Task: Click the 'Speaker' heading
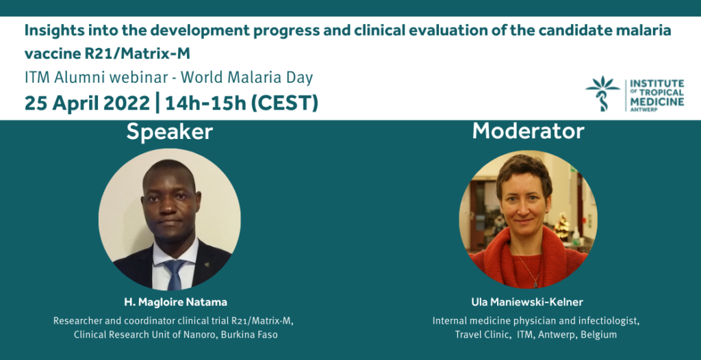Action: [x=170, y=132]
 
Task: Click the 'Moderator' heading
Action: [x=528, y=131]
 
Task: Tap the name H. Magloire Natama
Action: [x=175, y=303]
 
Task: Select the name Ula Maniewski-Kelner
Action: [x=526, y=303]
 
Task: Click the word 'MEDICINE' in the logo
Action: [x=657, y=101]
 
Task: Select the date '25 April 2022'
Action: [x=87, y=103]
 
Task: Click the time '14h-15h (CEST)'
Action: [x=242, y=103]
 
